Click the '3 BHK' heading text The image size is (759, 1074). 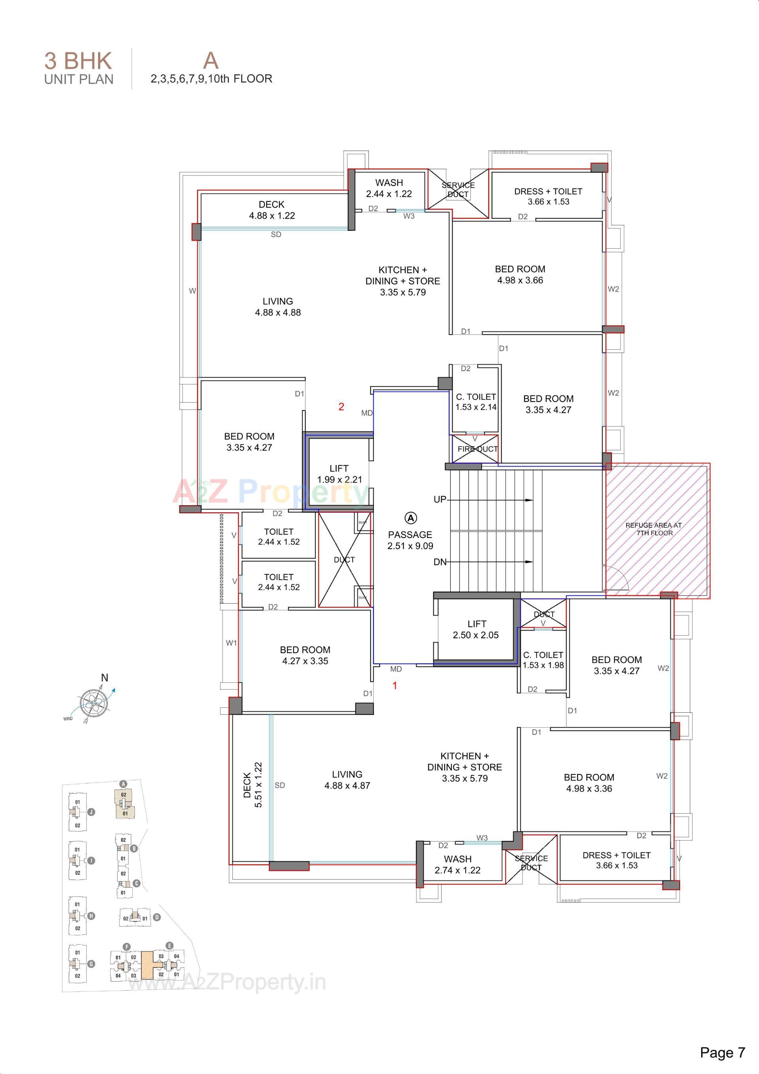pyautogui.click(x=78, y=61)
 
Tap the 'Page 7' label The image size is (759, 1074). pyautogui.click(x=722, y=1053)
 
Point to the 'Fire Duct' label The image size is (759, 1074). pyautogui.click(x=477, y=449)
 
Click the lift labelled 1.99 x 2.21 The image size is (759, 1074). pyautogui.click(x=339, y=474)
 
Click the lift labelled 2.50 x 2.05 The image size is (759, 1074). pyautogui.click(x=476, y=630)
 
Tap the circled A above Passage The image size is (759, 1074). pyautogui.click(x=410, y=518)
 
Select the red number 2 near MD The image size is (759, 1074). pyautogui.click(x=341, y=407)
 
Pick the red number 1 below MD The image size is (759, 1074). pyautogui.click(x=395, y=686)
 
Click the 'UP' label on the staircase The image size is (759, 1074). pyautogui.click(x=440, y=500)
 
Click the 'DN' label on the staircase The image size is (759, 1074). pyautogui.click(x=440, y=562)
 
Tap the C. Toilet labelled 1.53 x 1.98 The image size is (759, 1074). pyautogui.click(x=543, y=660)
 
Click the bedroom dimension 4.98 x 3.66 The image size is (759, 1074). pyautogui.click(x=520, y=280)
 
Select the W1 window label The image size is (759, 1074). pyautogui.click(x=231, y=643)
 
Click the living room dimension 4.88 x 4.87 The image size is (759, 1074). pyautogui.click(x=347, y=786)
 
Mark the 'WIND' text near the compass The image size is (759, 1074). pyautogui.click(x=68, y=719)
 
